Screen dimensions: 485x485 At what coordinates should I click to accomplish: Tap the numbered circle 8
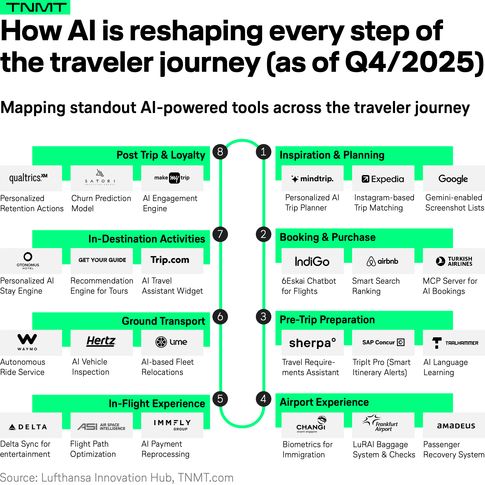[220, 152]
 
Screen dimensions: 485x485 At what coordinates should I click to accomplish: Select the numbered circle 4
[263, 399]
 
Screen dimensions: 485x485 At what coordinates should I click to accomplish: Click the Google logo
[453, 179]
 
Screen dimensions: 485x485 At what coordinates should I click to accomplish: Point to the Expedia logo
[383, 179]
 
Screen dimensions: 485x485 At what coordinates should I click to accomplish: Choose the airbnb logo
[383, 261]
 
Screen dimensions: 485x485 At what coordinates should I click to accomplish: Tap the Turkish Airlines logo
[454, 261]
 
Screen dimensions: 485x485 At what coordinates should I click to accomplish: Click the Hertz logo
[101, 341]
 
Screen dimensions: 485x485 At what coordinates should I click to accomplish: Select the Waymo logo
[27, 342]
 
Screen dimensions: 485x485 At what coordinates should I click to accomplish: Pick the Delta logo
[28, 427]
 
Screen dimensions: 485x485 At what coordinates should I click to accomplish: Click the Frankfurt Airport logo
[380, 423]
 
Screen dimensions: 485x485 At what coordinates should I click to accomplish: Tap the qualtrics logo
[28, 178]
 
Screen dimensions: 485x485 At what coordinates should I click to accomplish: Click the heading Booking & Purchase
[328, 237]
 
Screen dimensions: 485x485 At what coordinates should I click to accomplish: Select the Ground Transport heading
[163, 321]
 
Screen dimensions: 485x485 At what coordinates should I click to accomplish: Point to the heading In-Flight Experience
[157, 404]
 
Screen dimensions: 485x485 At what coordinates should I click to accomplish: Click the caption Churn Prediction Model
[101, 203]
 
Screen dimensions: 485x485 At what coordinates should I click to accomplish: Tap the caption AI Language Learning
[445, 367]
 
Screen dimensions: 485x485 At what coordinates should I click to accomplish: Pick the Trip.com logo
[170, 260]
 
